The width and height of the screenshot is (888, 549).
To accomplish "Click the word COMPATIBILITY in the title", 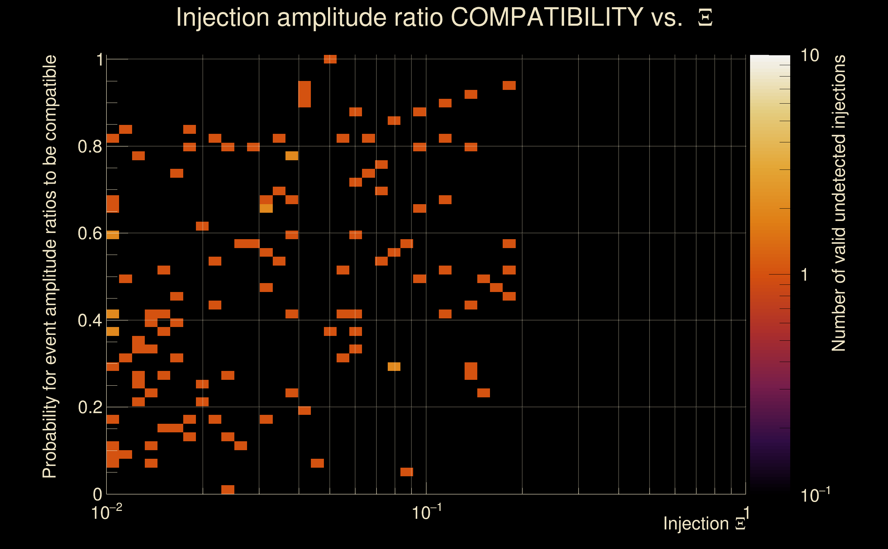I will click(547, 17).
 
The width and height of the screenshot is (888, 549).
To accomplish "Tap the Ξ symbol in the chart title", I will click(705, 18).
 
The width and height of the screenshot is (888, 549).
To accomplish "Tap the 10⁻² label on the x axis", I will click(106, 512).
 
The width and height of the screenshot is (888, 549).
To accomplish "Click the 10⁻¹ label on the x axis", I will click(426, 512).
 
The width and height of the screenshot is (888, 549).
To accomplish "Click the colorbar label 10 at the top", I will click(809, 56).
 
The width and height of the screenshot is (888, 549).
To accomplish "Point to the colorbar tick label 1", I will click(805, 275).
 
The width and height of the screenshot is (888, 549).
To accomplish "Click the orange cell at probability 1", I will click(330, 59).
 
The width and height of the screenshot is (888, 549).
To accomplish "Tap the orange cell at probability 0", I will click(227, 489).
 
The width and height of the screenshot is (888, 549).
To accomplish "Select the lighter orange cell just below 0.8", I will click(292, 156).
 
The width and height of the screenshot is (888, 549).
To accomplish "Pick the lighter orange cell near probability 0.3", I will click(394, 367).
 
